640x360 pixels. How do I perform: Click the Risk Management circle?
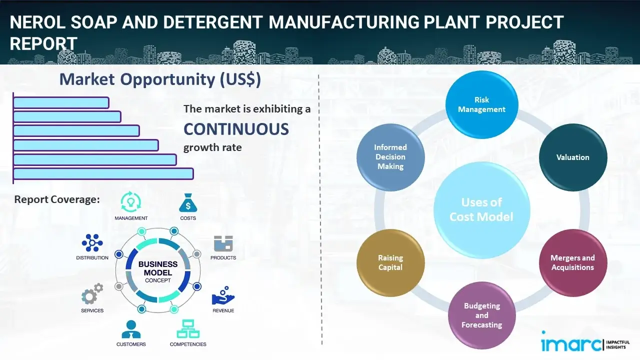tap(481, 105)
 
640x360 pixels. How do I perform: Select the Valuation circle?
tap(572, 157)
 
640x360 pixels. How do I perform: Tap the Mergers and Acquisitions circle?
tap(572, 262)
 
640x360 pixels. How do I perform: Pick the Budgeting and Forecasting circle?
tap(481, 315)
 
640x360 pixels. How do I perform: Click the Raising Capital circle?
tap(390, 262)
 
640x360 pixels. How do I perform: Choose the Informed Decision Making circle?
tap(390, 157)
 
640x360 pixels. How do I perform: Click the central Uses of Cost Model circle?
tap(481, 209)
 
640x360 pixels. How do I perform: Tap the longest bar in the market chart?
tap(103, 173)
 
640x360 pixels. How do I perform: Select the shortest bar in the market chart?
tap(61, 102)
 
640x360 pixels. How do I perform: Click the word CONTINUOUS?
tap(236, 129)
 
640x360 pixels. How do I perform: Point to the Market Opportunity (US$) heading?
tap(160, 79)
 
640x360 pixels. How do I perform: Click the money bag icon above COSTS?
tap(188, 203)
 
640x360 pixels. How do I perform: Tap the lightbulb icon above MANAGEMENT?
tap(131, 202)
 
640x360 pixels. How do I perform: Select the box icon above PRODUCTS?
tap(223, 244)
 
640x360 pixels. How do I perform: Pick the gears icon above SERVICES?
tap(92, 294)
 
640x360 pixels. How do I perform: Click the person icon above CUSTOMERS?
tap(131, 329)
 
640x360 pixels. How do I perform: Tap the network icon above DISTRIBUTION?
tap(92, 243)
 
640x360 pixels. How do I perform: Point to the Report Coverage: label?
tap(57, 199)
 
